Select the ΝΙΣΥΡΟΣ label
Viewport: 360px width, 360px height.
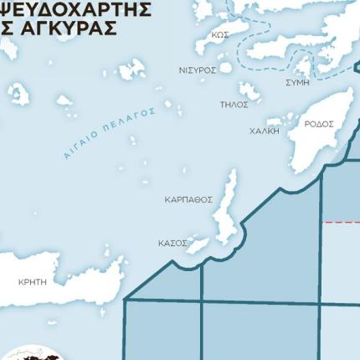click(198, 70)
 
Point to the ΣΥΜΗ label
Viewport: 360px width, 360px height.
click(297, 83)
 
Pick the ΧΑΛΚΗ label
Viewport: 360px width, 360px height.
click(264, 131)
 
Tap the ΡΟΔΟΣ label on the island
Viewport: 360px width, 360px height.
click(318, 124)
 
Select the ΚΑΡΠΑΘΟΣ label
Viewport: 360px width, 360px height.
click(188, 200)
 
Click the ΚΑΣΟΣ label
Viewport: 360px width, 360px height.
click(172, 243)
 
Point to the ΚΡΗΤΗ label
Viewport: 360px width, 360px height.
click(33, 282)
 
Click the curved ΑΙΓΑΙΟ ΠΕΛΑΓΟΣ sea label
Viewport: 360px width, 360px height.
click(109, 132)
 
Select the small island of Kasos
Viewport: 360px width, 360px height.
click(198, 244)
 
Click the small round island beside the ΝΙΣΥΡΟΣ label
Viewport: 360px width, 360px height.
click(225, 68)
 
